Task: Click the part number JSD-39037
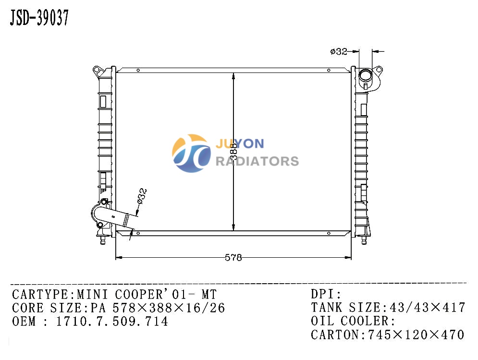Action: click(x=39, y=18)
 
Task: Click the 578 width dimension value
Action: click(x=233, y=258)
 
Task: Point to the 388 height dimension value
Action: click(x=233, y=151)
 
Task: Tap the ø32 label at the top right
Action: click(x=338, y=51)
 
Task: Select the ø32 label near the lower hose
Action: click(x=142, y=196)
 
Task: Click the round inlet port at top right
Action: click(x=366, y=74)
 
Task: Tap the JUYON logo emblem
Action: click(x=191, y=153)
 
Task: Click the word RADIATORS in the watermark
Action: click(x=257, y=161)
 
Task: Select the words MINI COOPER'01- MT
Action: click(x=147, y=294)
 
